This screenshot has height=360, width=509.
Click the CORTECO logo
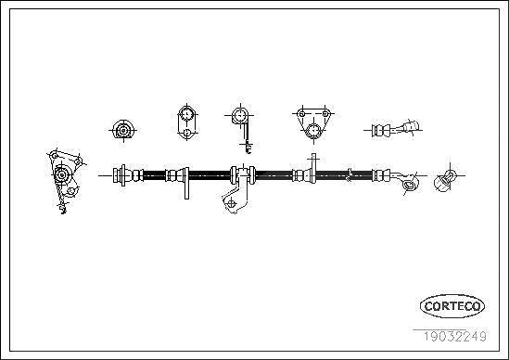(x=452, y=306)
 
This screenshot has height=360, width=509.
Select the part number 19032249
(x=454, y=336)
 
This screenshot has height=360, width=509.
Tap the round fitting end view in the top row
(x=123, y=130)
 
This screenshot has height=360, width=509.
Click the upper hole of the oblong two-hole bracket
(x=187, y=114)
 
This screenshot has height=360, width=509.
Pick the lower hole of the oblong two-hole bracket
(x=187, y=133)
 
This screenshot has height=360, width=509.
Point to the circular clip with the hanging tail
(x=240, y=115)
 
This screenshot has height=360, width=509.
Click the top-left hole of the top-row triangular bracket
(x=302, y=114)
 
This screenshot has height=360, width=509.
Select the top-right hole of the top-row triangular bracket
(x=325, y=114)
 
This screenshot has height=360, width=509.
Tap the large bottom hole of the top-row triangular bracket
(x=313, y=131)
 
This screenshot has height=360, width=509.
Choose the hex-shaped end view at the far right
(x=444, y=181)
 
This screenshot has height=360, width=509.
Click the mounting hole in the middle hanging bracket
(x=231, y=203)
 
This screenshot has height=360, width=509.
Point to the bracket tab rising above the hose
(x=313, y=168)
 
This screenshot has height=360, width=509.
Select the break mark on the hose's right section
(x=350, y=174)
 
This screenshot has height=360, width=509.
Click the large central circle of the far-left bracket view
(x=61, y=174)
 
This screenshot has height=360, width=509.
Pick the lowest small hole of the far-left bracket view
(x=70, y=190)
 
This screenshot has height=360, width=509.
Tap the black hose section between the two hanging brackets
(x=210, y=175)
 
